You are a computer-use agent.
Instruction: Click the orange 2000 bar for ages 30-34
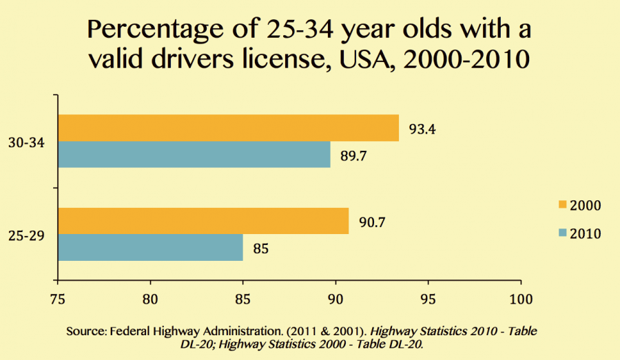[x=228, y=128]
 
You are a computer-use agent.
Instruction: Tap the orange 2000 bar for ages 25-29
[x=203, y=221]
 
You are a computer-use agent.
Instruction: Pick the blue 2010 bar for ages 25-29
[x=150, y=247]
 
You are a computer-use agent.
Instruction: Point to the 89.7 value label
[x=353, y=155]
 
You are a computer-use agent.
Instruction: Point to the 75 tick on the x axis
[x=58, y=299]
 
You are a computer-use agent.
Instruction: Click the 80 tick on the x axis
[x=150, y=299]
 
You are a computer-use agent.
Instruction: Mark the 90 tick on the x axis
[x=335, y=299]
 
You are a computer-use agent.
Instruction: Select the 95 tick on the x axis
[x=428, y=299]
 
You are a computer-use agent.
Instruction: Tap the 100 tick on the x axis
[x=521, y=299]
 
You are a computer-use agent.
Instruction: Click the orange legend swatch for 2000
[x=562, y=205]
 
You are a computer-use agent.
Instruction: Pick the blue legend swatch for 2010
[x=562, y=233]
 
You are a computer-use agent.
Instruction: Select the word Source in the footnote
[x=85, y=332]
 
